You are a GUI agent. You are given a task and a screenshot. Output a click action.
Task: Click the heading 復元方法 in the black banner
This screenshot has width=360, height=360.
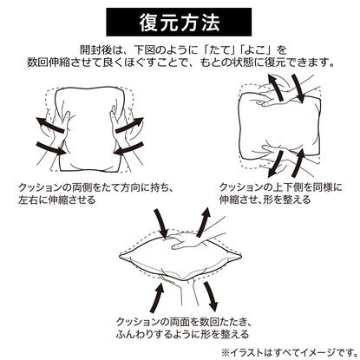click(179, 23)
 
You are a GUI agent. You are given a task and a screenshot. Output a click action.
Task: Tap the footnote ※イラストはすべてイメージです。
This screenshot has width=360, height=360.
click(290, 352)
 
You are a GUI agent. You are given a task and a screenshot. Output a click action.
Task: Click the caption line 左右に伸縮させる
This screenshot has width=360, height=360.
click(56, 200)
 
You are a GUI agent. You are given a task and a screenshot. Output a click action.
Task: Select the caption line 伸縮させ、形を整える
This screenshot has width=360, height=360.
click(265, 200)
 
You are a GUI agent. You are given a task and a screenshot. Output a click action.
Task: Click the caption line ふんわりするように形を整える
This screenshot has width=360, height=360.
click(182, 334)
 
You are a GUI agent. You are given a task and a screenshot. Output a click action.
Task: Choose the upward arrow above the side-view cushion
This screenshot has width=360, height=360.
click(203, 222)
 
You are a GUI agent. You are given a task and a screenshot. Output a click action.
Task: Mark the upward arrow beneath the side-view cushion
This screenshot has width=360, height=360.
click(157, 298)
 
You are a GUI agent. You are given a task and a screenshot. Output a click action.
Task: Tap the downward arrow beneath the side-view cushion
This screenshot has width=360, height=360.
click(211, 297)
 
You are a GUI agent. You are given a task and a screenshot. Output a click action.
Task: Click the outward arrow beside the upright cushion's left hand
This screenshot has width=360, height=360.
click(49, 125)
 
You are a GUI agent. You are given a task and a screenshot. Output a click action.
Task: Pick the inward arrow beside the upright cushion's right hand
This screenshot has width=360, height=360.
click(128, 148)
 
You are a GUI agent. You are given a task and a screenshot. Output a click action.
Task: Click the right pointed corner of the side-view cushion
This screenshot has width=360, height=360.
click(241, 256)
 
